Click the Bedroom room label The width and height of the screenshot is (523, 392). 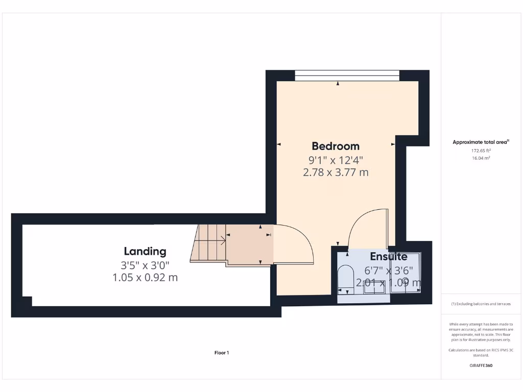336,146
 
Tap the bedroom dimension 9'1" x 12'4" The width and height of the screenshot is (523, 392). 336,160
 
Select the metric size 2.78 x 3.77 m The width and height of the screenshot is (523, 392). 336,173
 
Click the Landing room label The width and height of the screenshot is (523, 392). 145,251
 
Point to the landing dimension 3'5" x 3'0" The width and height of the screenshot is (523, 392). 145,265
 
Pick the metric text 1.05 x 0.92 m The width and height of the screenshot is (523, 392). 145,278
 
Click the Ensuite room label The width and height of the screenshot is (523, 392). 389,256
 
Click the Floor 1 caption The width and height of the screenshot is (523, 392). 221,353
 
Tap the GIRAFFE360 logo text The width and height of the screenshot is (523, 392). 481,365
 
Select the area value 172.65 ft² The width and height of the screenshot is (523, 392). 481,151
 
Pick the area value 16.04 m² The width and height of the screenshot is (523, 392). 481,158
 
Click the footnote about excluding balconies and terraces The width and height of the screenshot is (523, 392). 481,304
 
